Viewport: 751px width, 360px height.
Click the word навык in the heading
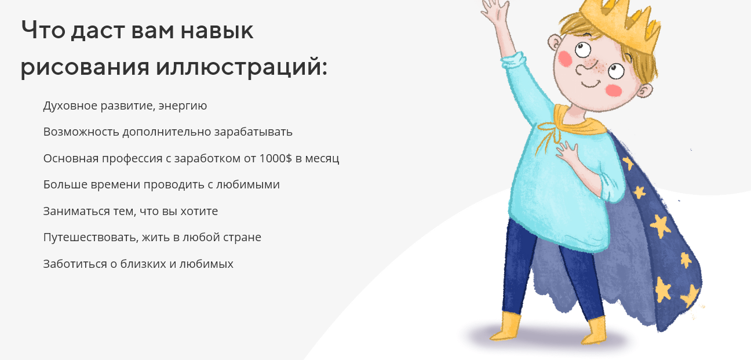[217, 31]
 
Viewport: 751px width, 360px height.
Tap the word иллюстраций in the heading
[242, 67]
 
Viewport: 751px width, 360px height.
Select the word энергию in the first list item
[183, 106]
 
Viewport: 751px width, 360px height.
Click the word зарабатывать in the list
[253, 132]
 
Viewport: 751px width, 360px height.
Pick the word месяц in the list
[322, 159]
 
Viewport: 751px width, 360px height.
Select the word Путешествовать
[90, 238]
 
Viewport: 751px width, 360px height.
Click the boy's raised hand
[494, 12]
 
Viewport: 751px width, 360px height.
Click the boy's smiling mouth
[591, 84]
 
